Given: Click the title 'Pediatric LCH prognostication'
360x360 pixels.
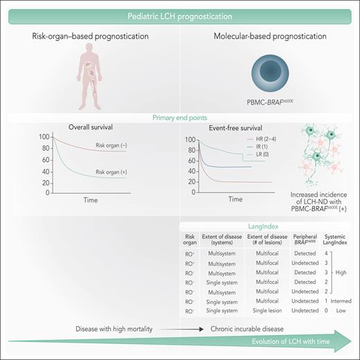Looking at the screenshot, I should point(180,15).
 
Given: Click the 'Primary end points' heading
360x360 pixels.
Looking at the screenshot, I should point(180,118).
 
